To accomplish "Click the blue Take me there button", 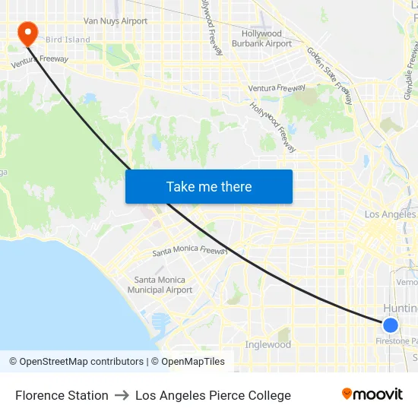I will [209, 186].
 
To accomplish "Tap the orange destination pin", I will [27, 32].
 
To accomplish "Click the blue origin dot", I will [390, 325].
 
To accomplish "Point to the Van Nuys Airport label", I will [116, 21].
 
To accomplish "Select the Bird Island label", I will [68, 40].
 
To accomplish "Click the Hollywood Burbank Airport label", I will [261, 39].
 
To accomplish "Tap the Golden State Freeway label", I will [330, 75].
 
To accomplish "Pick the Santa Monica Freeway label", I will [190, 252].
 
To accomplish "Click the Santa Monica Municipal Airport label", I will [160, 285].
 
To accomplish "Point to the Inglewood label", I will [268, 345].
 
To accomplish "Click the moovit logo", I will [372, 394].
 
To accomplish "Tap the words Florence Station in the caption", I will [62, 395].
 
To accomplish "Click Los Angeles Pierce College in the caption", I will [213, 395].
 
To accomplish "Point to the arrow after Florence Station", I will [122, 395].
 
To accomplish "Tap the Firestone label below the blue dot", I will [397, 341].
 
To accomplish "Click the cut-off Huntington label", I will [400, 309].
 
